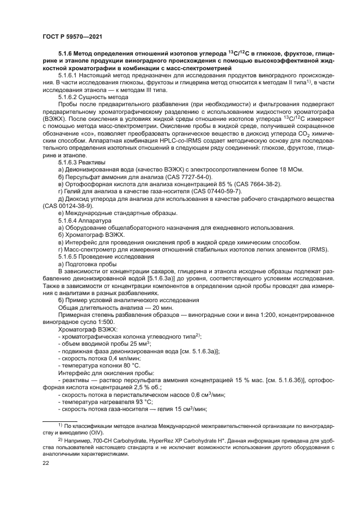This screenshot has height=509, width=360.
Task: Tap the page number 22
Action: tap(46, 463)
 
